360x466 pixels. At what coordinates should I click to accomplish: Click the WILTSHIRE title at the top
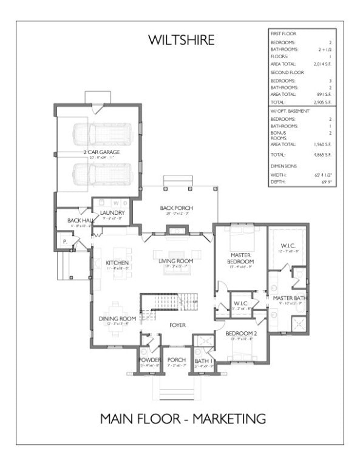click(181, 41)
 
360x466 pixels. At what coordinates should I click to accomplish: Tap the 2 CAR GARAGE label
click(101, 151)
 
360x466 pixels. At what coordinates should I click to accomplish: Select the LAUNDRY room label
click(113, 212)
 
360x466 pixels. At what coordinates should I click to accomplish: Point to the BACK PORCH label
click(175, 208)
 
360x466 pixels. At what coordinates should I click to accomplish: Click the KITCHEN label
click(117, 263)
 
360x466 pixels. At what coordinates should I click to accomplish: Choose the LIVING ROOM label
click(175, 261)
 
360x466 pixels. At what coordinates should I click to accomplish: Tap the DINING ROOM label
click(117, 319)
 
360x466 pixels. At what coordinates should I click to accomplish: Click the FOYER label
click(177, 325)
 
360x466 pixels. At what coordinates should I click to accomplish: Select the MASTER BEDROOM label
click(242, 259)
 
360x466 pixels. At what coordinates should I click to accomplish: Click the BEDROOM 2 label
click(239, 334)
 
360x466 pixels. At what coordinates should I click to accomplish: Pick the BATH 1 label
click(202, 361)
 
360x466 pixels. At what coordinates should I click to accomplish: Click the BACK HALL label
click(79, 220)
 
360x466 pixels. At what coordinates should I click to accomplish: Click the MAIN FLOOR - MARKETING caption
click(183, 419)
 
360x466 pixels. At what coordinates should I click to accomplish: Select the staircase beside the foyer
click(170, 301)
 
